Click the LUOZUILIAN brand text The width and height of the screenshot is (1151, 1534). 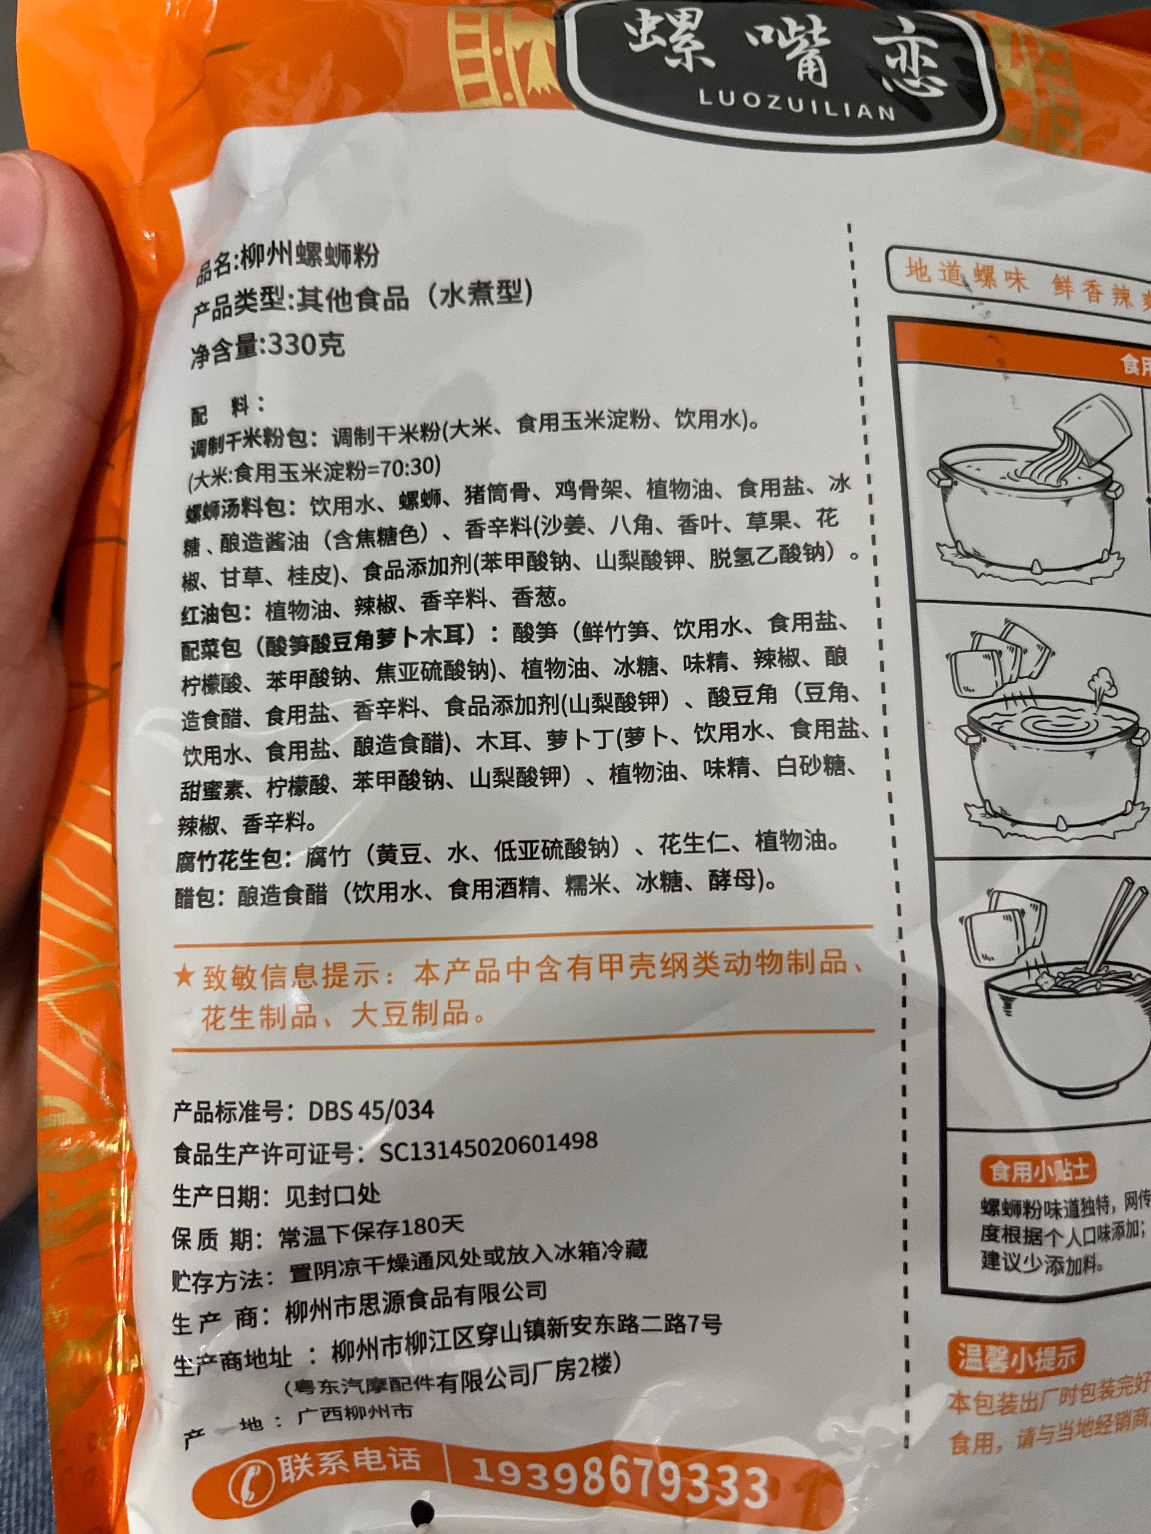797,105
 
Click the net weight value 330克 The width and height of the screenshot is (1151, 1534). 305,345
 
